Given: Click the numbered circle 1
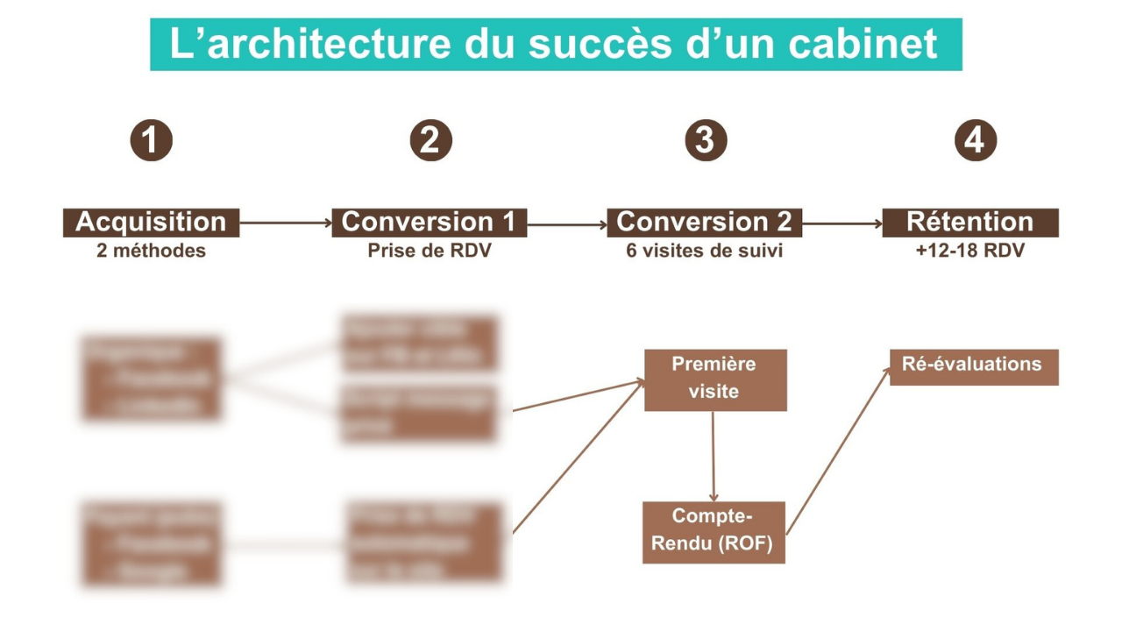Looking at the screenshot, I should pyautogui.click(x=151, y=140).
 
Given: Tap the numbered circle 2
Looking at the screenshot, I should pyautogui.click(x=430, y=140).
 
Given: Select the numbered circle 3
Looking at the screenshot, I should pyautogui.click(x=705, y=140).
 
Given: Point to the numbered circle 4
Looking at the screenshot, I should pyautogui.click(x=975, y=140).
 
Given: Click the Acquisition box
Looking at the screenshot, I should pyautogui.click(x=151, y=223).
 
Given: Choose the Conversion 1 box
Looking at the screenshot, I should pyautogui.click(x=429, y=223).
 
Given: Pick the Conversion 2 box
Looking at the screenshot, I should pyautogui.click(x=704, y=223).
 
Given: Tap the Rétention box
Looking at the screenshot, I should pyautogui.click(x=969, y=223).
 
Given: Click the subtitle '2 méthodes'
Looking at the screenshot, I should pyautogui.click(x=151, y=252).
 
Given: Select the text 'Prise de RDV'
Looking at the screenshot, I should pyautogui.click(x=429, y=252).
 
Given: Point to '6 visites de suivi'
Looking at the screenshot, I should pyautogui.click(x=704, y=252).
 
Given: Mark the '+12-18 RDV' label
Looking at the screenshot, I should pyautogui.click(x=969, y=252).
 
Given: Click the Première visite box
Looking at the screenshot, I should pyautogui.click(x=714, y=379).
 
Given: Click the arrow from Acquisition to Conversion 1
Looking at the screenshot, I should pyautogui.click(x=285, y=223).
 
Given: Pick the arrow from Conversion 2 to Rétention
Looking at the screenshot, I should pyautogui.click(x=841, y=223).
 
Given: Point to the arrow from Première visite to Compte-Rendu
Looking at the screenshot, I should pyautogui.click(x=713, y=456).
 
